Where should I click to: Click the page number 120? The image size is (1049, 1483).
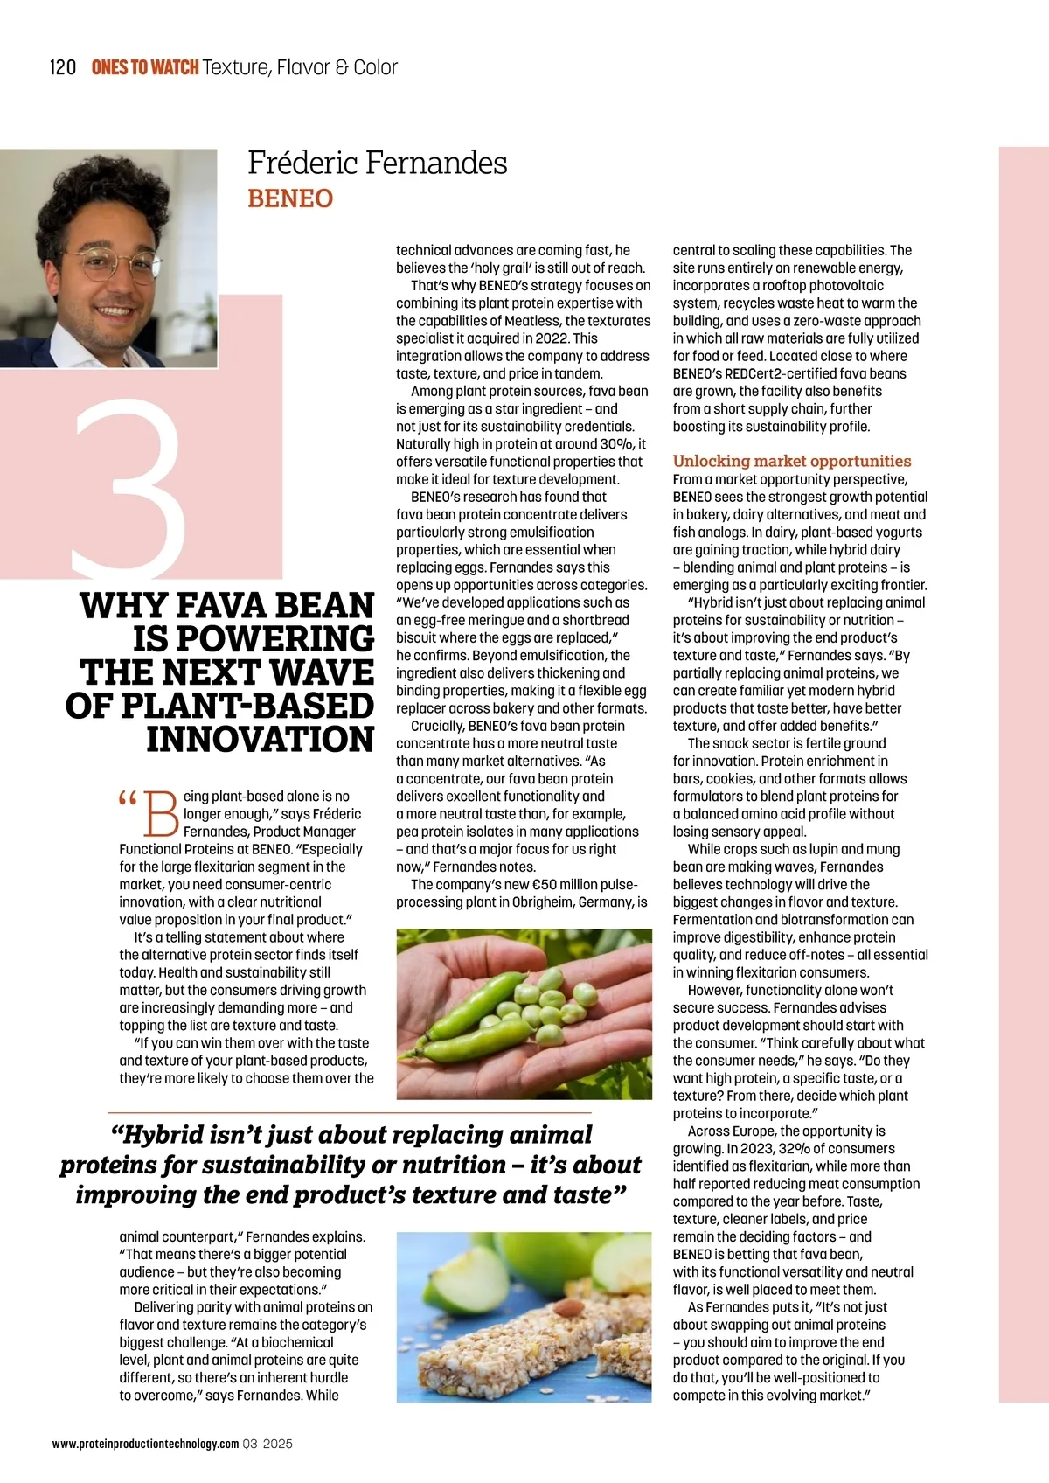pyautogui.click(x=63, y=67)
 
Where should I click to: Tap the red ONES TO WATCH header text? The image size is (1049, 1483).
pyautogui.click(x=145, y=67)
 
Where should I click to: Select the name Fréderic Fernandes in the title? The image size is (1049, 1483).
pyautogui.click(x=377, y=163)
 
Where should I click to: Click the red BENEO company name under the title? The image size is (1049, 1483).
pyautogui.click(x=290, y=198)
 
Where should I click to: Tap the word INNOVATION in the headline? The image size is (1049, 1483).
pyautogui.click(x=261, y=739)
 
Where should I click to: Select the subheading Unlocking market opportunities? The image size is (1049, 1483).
pyautogui.click(x=791, y=461)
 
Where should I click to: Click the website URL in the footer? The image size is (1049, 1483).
pyautogui.click(x=145, y=1444)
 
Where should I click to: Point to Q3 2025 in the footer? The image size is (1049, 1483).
pyautogui.click(x=267, y=1444)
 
